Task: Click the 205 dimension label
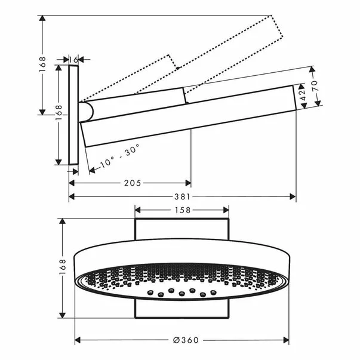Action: click(133, 183)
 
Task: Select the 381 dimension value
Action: click(182, 196)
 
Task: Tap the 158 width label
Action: click(183, 210)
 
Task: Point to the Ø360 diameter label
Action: click(186, 340)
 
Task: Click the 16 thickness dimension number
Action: click(73, 60)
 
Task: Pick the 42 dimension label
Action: click(303, 95)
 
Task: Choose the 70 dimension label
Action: click(315, 85)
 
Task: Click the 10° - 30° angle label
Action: click(119, 156)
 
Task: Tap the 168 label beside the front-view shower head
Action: click(63, 266)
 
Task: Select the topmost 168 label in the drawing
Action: click(42, 64)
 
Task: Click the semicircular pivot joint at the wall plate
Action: click(86, 112)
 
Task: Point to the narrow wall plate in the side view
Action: click(73, 115)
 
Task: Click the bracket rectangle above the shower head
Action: click(182, 229)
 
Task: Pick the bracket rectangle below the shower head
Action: click(182, 309)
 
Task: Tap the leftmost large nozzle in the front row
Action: click(150, 293)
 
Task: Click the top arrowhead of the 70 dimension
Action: click(312, 70)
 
